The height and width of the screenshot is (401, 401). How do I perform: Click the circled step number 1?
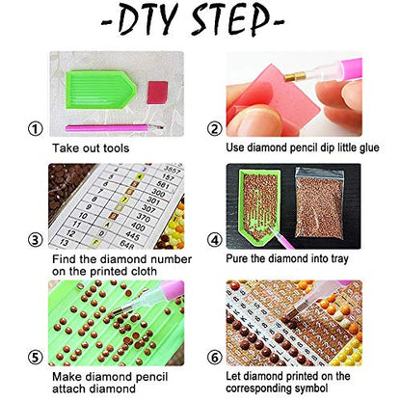coord(35,129)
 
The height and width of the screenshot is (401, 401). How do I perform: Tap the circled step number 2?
coord(214,129)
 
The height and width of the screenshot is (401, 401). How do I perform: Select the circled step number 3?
coord(35,240)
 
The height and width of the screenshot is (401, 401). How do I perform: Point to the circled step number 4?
coord(214,240)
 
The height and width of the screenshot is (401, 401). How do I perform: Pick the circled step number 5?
coord(35,358)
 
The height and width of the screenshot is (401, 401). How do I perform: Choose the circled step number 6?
coord(214,358)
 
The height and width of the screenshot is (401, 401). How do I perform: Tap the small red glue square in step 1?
coord(157,93)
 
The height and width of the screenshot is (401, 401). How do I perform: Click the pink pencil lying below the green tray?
coord(114,128)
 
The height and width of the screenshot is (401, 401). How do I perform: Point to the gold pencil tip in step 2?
coord(295,76)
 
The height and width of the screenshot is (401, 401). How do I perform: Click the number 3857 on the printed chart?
coord(173,170)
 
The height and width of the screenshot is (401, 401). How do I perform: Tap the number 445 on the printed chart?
coord(132,236)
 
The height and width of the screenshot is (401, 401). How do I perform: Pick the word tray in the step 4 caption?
coord(337,259)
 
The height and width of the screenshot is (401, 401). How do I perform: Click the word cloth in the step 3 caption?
coord(141,271)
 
